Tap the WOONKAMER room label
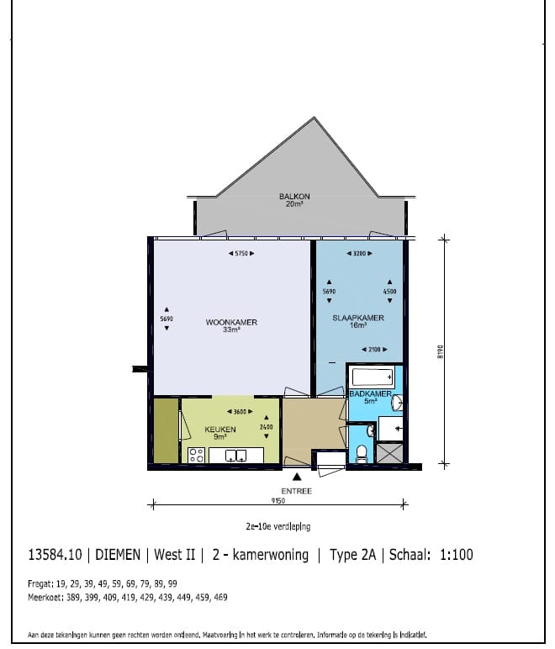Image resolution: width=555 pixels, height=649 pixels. [x=231, y=323]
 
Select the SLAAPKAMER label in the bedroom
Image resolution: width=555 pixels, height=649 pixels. [x=358, y=318]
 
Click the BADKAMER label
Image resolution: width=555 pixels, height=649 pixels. [x=371, y=393]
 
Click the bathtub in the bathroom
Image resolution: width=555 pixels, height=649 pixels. [x=371, y=376]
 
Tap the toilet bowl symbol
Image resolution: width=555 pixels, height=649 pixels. [x=361, y=454]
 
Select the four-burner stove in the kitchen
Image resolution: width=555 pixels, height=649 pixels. [x=196, y=456]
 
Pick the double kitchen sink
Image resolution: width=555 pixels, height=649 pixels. [x=234, y=456]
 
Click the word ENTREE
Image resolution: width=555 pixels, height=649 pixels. [x=297, y=491]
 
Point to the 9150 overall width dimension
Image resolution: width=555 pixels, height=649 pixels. [x=278, y=501]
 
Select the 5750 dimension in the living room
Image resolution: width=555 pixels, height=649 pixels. [x=241, y=253]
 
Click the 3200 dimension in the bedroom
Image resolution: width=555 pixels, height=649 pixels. [x=359, y=253]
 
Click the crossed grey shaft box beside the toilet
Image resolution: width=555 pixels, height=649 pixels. [x=388, y=453]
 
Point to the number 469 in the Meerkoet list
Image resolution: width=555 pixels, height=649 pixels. [x=217, y=597]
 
